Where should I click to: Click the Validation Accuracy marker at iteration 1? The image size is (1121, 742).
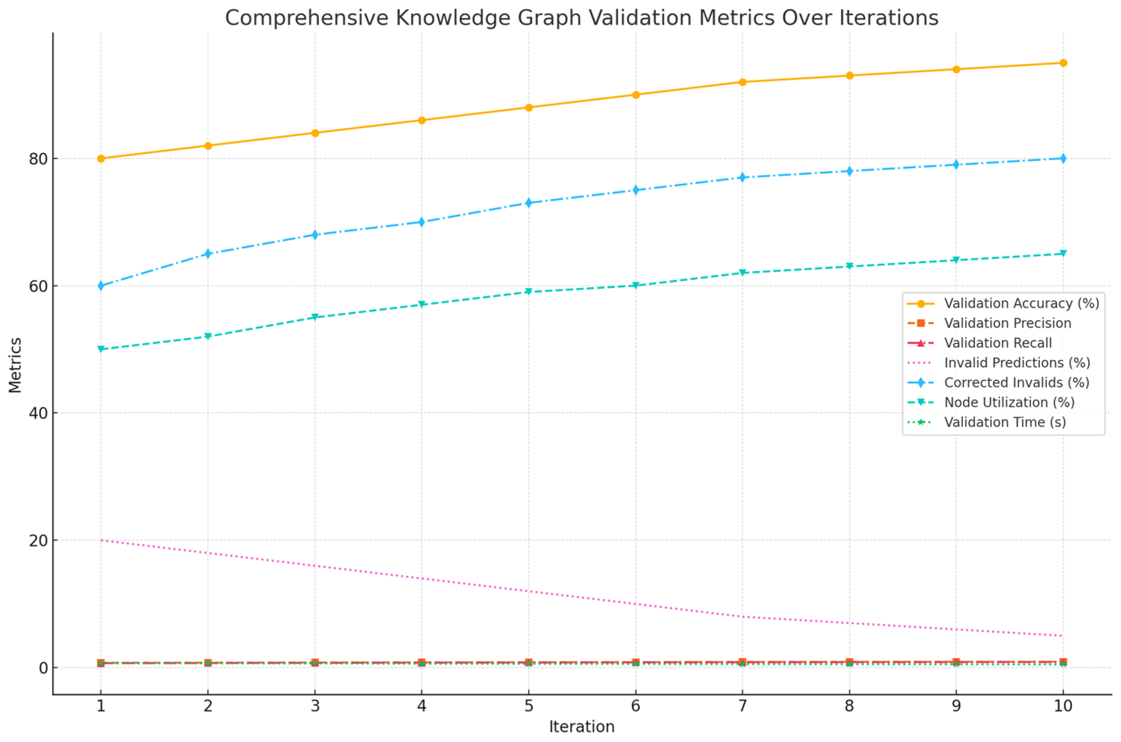coord(101,158)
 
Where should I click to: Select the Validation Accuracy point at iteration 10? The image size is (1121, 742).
coord(1063,63)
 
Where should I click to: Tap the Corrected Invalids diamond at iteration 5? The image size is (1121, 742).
coord(528,203)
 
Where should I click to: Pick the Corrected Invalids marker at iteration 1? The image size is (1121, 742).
coord(101,286)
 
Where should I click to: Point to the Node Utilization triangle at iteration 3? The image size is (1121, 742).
coord(315,317)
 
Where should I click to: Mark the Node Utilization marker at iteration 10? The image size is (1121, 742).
coord(1063,254)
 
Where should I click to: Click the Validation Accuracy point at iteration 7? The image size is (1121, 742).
coord(742,82)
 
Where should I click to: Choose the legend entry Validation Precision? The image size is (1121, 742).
coord(1007,323)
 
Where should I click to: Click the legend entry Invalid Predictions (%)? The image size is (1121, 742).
coord(1017,363)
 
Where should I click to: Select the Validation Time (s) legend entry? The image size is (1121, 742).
coord(1005,422)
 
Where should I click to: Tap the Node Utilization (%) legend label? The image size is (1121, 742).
coord(1009,402)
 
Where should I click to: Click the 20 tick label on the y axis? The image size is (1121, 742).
coord(38,540)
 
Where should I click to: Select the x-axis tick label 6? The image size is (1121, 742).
coord(635,706)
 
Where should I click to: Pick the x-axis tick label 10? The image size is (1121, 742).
coord(1063,706)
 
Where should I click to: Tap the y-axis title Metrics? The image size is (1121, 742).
coord(15,365)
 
